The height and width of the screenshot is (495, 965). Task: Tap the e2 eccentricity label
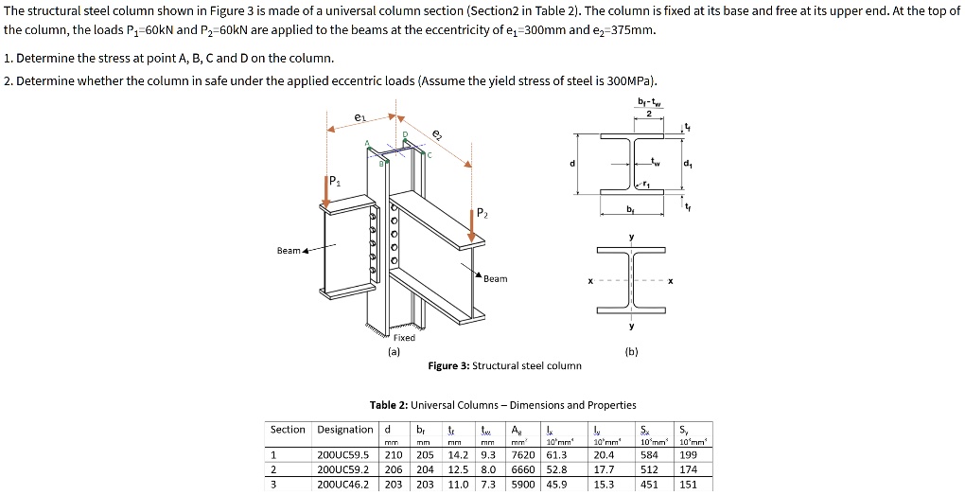(436, 134)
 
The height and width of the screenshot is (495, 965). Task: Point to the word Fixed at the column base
(404, 337)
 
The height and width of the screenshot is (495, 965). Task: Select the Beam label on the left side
(289, 251)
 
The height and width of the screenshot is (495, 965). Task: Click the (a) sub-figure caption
(394, 351)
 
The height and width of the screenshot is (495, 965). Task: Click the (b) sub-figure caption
(631, 351)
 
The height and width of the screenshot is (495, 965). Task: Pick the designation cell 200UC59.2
(344, 468)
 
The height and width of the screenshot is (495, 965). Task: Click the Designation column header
(344, 430)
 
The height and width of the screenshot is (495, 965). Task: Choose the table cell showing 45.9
(556, 484)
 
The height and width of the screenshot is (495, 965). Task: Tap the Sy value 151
(688, 484)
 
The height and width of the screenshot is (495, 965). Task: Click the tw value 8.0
(487, 468)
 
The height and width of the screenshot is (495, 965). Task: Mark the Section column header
(288, 430)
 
